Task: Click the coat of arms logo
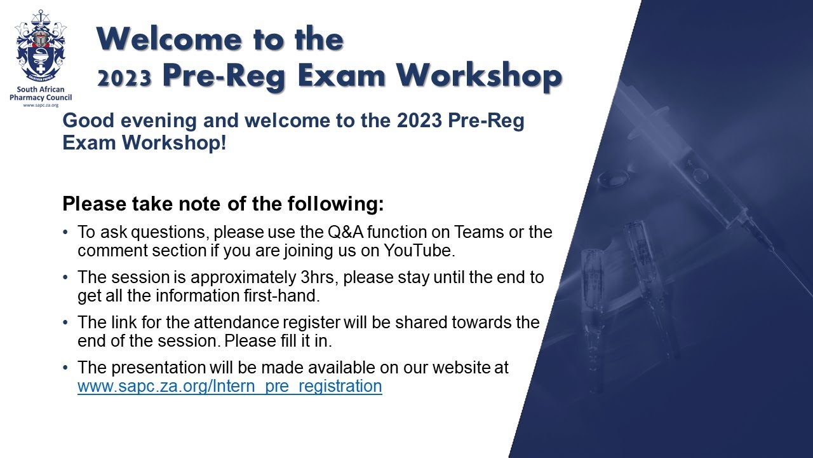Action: pos(41,48)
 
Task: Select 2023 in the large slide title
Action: pos(124,77)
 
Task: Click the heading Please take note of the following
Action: pos(223,204)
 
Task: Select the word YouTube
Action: pos(418,250)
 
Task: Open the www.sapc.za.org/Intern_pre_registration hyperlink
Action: pos(229,386)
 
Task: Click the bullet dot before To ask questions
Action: pos(66,233)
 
